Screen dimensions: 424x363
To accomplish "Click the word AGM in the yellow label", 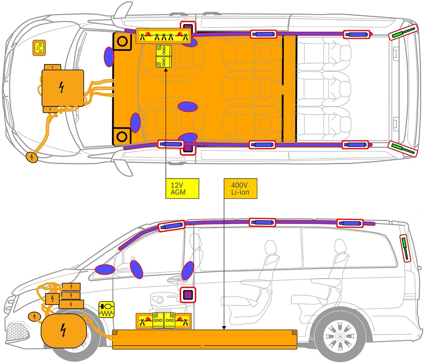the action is (x=178, y=193).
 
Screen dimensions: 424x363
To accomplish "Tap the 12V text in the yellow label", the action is (x=177, y=185).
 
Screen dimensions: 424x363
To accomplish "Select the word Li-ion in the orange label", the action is (x=240, y=193).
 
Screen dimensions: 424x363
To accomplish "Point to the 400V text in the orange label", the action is (x=239, y=185).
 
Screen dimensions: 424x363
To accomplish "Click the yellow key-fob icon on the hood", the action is (x=39, y=48).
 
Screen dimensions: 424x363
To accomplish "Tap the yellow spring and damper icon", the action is (x=106, y=310).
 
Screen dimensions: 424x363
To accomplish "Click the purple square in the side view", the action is (x=188, y=295).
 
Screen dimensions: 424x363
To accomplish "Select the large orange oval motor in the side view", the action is (x=64, y=330).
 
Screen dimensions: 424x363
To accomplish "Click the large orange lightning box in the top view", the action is (x=63, y=88).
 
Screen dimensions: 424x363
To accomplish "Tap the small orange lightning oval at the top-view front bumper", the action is (x=32, y=157).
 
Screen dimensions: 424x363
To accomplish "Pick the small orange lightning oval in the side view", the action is (x=34, y=316).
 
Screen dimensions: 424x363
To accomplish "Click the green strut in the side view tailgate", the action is (x=405, y=248).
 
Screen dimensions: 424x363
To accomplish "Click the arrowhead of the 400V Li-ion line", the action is (x=224, y=328).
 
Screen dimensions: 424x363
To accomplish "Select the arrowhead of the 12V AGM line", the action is (x=165, y=70).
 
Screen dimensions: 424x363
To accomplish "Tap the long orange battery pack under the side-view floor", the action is (x=205, y=340).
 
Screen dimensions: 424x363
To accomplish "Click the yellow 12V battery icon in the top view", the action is (x=164, y=56).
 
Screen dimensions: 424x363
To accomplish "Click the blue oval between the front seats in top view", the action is (x=188, y=107).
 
